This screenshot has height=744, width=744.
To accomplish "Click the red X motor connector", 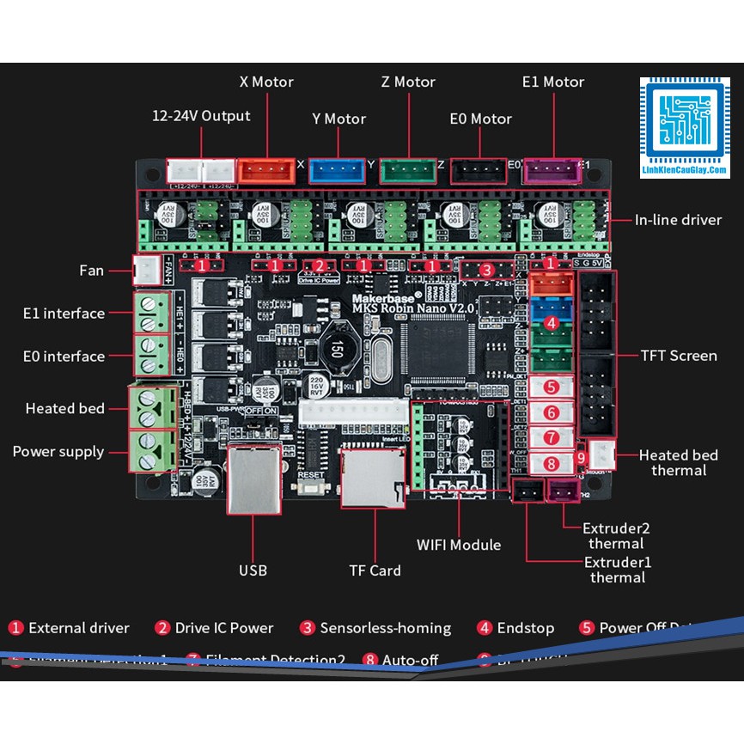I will pos(265,171).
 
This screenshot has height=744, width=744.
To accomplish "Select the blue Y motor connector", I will pos(337,171).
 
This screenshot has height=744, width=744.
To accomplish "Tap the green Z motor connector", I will pos(408,171).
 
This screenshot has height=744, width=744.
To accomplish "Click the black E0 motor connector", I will pos(479,171).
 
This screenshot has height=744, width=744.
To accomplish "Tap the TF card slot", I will pos(373,478).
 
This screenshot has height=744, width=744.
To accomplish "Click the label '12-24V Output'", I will pos(201,116).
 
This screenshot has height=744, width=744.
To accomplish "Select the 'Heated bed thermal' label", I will pos(679,462).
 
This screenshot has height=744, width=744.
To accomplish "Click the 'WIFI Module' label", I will pos(459,545).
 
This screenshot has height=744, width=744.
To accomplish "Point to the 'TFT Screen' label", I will pos(679,356).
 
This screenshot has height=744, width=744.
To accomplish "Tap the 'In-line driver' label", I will pos(678,220).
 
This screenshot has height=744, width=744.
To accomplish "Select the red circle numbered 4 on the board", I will pos(552,324).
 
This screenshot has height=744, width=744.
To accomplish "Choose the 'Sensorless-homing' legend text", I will pos(385,628).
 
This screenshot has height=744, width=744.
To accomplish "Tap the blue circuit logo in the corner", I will pos(685,123).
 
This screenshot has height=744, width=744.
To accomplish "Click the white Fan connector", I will pos(144,271).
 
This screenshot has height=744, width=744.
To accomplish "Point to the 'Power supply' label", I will pos(58,452).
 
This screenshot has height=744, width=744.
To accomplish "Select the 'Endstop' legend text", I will pos(525,628).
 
